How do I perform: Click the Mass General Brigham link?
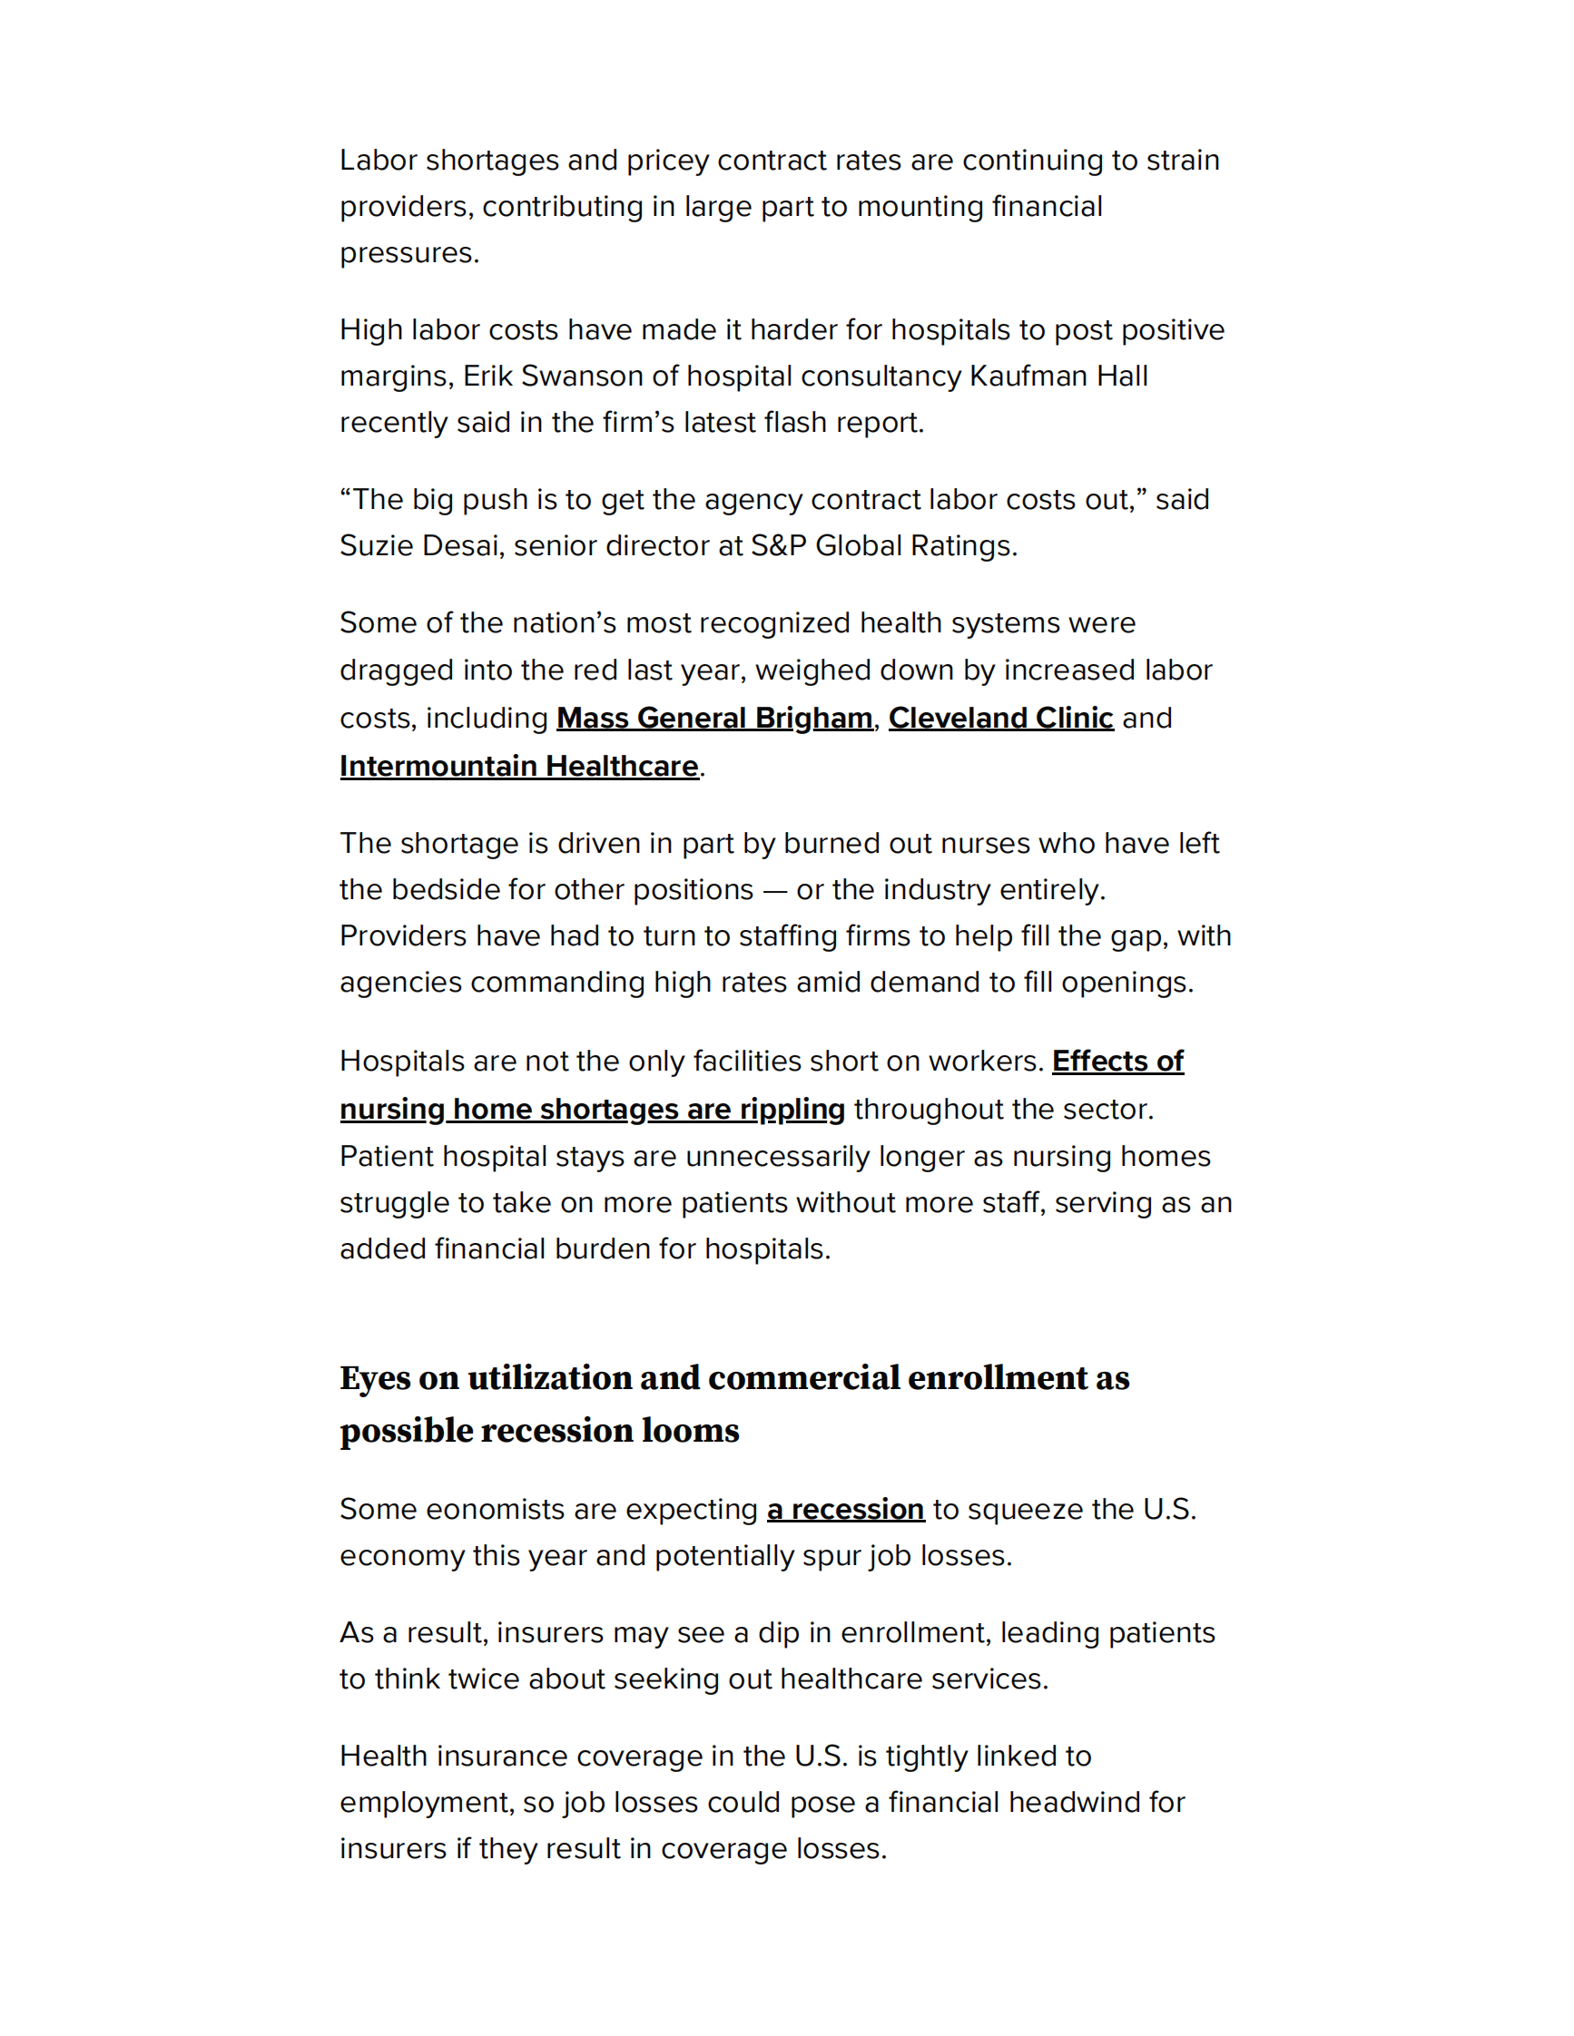714,718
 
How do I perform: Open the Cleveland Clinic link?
1000,718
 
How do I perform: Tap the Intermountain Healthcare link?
518,766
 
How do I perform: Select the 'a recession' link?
845,1508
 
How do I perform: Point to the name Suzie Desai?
421,545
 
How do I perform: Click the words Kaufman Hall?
1058,376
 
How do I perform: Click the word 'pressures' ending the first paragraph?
407,252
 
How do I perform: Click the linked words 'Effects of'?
1117,1061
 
